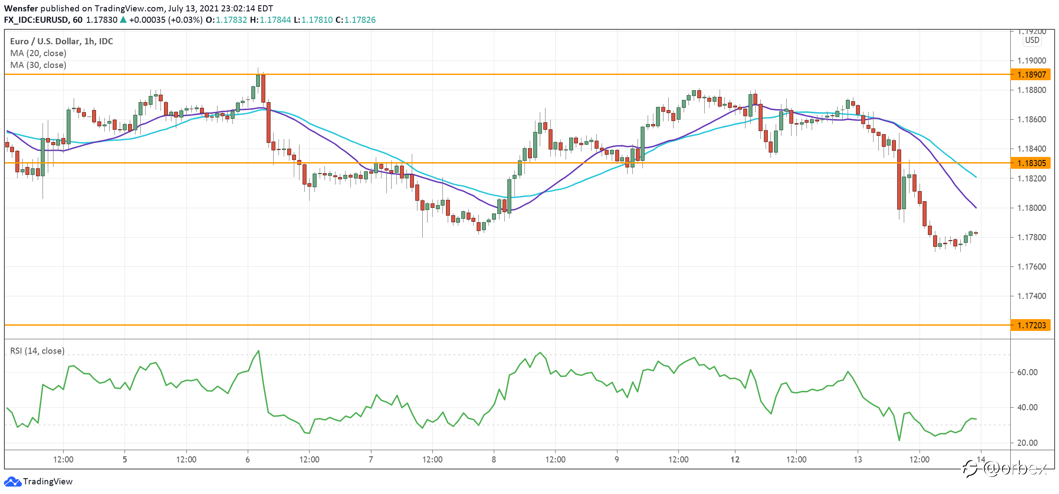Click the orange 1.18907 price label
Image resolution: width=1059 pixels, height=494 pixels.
(1030, 75)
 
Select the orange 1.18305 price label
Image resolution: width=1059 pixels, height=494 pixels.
(1030, 163)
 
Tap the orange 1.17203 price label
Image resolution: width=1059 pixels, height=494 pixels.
(1030, 325)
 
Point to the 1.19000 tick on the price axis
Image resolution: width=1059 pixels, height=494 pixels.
(1032, 60)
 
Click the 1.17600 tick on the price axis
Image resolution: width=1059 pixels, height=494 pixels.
(1032, 267)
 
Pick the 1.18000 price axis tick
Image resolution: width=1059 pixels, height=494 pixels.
(1032, 208)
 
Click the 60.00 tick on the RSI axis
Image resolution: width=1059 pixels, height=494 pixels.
(1027, 372)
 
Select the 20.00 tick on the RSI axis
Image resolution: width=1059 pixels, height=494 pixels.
(1027, 443)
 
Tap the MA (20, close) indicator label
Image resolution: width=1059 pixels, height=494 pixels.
(38, 53)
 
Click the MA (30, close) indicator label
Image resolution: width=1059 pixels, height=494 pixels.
(38, 65)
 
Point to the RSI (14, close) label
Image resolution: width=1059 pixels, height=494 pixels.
(37, 351)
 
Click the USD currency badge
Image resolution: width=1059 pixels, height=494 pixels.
(1032, 40)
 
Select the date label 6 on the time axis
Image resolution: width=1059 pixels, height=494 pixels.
(248, 459)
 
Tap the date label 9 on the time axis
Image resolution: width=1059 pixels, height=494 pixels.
(617, 459)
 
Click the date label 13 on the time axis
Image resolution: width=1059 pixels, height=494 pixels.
(858, 459)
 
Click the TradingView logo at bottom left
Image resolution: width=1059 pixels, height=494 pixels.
(38, 481)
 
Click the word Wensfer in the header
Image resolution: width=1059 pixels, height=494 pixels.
(21, 8)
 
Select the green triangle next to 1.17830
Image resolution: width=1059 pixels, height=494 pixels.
(123, 19)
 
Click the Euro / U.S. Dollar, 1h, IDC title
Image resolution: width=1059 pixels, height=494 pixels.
(61, 41)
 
